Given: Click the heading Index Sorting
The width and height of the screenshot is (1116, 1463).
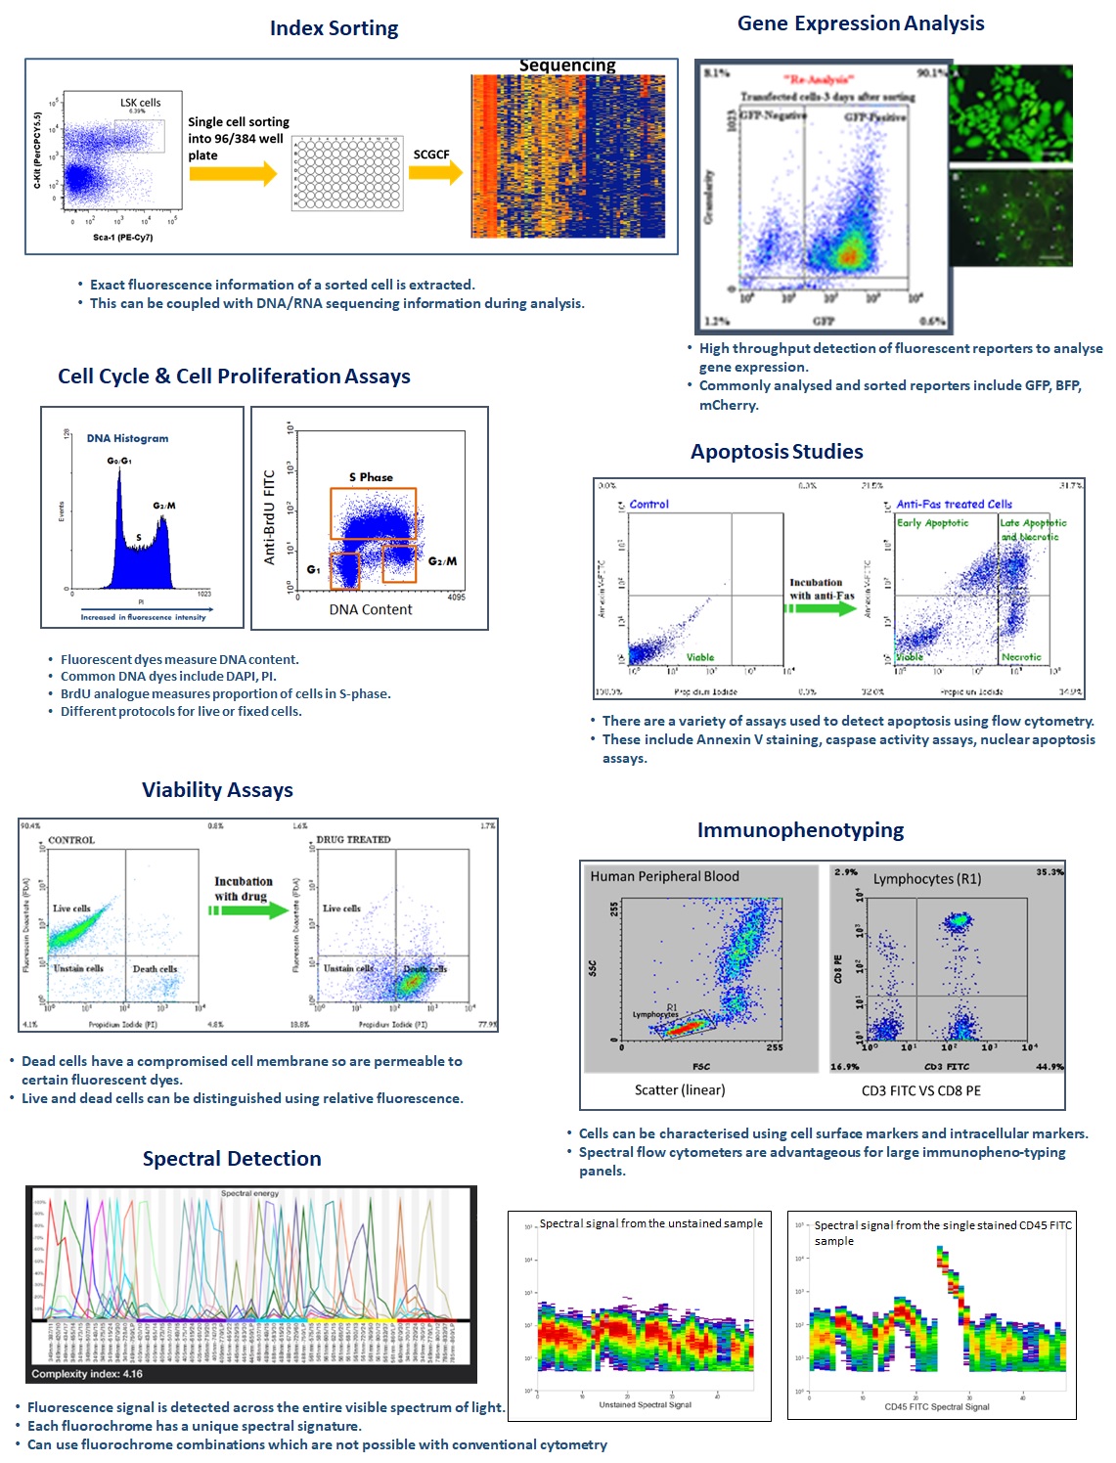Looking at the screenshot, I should (334, 28).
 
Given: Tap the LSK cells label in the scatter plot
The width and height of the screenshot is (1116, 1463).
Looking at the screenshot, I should (141, 103).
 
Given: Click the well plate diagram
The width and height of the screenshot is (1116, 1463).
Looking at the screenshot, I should (347, 174).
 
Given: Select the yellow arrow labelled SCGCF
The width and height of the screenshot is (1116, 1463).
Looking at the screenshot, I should (435, 173).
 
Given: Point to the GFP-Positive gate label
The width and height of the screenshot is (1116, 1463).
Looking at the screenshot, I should (875, 116).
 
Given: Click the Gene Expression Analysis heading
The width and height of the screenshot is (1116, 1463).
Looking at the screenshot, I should (861, 23).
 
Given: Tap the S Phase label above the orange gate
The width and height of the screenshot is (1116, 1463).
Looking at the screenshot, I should (371, 477).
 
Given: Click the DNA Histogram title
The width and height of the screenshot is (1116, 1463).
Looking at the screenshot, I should (127, 438).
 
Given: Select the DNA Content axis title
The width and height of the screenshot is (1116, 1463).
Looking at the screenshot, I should (371, 609).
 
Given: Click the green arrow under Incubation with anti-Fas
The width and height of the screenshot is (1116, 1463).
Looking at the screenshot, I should (820, 608).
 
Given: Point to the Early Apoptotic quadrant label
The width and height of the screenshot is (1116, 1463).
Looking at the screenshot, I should (933, 523).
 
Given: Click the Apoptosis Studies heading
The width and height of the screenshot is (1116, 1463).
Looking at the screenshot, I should (777, 452).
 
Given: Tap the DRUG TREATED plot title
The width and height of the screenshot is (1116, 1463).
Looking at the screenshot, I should (353, 839).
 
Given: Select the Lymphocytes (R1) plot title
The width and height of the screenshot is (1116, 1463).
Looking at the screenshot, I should (926, 878).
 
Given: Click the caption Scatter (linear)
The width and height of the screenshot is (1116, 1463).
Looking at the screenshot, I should (680, 1089).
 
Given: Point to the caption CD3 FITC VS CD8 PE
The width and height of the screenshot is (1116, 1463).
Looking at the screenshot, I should (920, 1090).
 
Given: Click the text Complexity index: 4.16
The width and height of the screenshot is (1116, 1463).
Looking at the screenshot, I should (87, 1374).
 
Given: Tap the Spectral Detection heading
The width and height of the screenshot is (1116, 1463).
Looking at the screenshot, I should (232, 1159).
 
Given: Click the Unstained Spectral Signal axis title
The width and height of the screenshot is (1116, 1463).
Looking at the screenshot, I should (645, 1404).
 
